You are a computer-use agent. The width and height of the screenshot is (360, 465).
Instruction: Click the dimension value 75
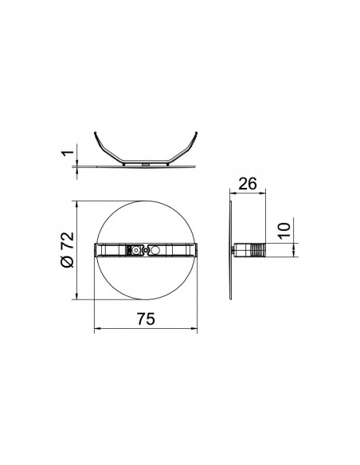coord(146,319)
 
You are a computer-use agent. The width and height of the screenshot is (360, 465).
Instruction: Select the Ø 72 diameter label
coord(67,249)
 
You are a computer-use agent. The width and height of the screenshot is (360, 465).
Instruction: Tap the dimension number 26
coord(248,184)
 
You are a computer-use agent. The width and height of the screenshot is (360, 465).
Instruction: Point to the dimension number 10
coord(284,230)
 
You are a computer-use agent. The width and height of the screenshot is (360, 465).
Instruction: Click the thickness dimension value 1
coord(68,153)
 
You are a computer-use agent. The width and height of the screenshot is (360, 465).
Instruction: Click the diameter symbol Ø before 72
coord(68,261)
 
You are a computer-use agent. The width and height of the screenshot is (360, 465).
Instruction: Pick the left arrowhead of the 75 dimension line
coord(97,328)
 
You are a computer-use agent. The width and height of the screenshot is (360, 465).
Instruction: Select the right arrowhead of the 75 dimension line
coord(194,328)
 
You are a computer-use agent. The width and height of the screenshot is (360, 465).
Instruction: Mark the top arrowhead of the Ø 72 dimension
coord(77,204)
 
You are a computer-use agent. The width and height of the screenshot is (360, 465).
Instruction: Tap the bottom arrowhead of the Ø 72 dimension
coord(77,296)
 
